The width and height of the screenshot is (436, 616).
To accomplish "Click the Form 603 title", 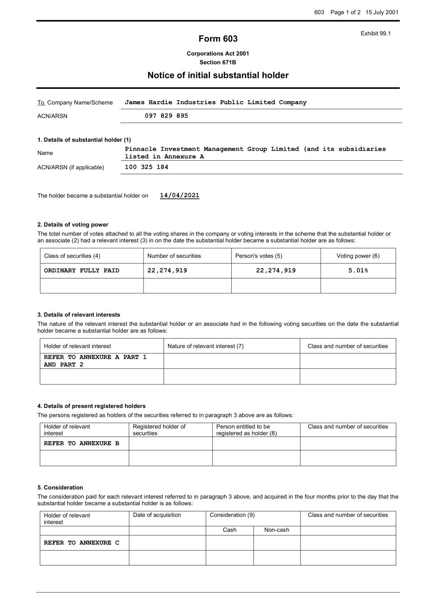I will pyautogui.click(x=218, y=39).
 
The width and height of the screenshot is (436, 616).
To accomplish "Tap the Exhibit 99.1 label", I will pyautogui.click(x=375, y=33).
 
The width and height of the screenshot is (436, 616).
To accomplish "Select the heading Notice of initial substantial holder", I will pyautogui.click(x=218, y=75).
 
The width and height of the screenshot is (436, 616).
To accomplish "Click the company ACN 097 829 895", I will pyautogui.click(x=166, y=116).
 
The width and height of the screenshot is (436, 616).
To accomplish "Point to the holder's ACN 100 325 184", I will pyautogui.click(x=146, y=167).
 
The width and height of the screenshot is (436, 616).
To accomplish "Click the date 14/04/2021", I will pyautogui.click(x=179, y=195).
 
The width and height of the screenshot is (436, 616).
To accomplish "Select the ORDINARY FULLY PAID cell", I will pyautogui.click(x=82, y=271).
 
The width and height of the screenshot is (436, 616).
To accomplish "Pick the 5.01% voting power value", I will pyautogui.click(x=358, y=271).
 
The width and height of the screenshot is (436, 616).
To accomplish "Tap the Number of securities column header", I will pyautogui.click(x=174, y=256).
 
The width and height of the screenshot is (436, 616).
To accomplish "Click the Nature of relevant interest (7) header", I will pyautogui.click(x=206, y=346).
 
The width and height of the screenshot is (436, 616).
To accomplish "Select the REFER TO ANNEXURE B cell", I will pyautogui.click(x=82, y=444).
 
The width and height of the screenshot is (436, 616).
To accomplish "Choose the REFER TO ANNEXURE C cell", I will pyautogui.click(x=82, y=543).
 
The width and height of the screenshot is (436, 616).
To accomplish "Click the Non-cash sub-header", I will pyautogui.click(x=277, y=530).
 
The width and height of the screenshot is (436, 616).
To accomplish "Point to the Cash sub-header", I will pyautogui.click(x=230, y=530).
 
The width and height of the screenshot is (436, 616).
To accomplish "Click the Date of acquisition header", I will pyautogui.click(x=157, y=515).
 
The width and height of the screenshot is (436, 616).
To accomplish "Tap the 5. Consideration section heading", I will pyautogui.click(x=60, y=487).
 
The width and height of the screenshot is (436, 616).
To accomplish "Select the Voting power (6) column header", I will pyautogui.click(x=358, y=256).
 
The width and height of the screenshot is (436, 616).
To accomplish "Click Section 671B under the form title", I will pyautogui.click(x=218, y=62).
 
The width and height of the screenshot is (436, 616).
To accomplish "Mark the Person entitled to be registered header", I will pyautogui.click(x=246, y=430).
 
